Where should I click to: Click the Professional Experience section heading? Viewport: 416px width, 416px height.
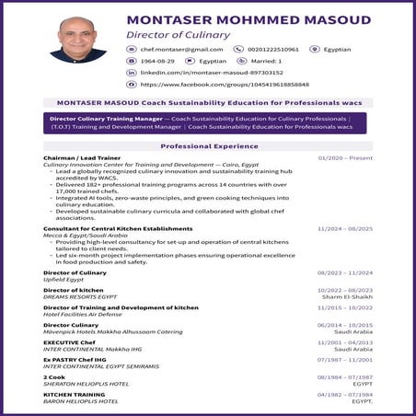click(208, 146)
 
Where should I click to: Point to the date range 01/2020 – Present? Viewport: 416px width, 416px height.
click(345, 158)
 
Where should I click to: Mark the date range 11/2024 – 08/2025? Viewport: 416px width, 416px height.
click(345, 227)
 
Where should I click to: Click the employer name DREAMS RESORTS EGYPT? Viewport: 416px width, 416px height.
click(84, 295)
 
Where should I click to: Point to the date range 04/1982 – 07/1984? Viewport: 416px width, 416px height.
click(345, 394)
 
